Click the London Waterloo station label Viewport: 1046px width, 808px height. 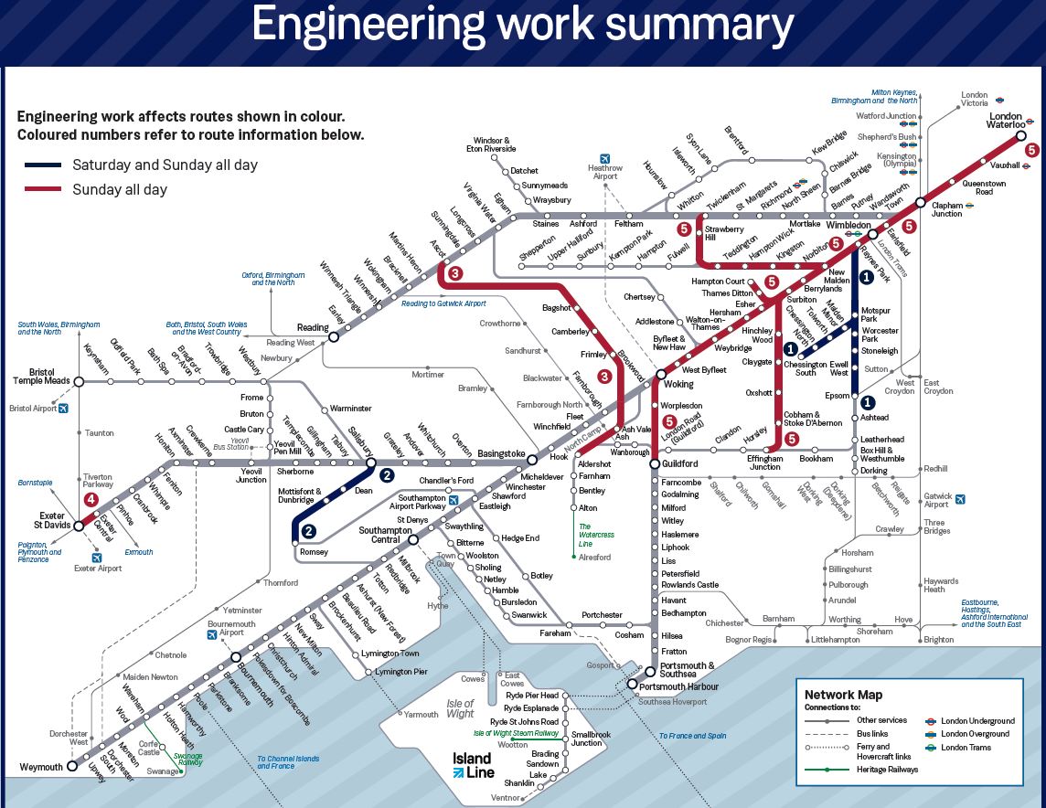(x=1006, y=122)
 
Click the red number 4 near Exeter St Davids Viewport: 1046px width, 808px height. (x=91, y=500)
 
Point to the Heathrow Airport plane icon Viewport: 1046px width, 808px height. (x=604, y=158)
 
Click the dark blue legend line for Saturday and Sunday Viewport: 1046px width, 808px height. (x=42, y=165)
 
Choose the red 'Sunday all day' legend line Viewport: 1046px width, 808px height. (x=42, y=190)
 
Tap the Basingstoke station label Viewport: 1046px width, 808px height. (x=502, y=454)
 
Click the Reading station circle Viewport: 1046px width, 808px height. (x=334, y=336)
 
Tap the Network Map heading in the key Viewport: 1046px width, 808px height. (x=843, y=695)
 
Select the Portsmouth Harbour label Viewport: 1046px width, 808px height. (x=679, y=686)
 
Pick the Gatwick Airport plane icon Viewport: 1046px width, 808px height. (x=960, y=499)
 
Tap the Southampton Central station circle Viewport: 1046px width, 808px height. (x=413, y=539)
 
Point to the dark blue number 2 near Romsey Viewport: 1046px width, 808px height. (x=309, y=532)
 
